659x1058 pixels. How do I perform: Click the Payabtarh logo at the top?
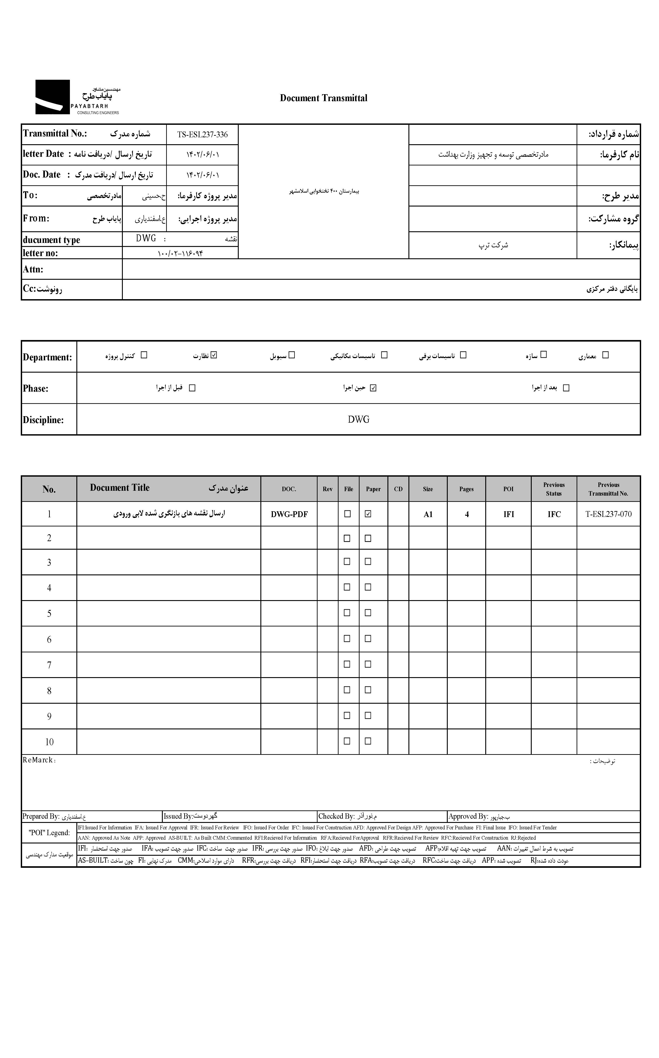point(77,97)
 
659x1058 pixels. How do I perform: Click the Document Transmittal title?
point(323,98)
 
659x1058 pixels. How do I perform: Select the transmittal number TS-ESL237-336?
point(202,135)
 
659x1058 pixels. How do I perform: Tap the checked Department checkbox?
point(213,355)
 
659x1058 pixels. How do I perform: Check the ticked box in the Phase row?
point(373,388)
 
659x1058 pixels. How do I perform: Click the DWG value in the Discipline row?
point(358,419)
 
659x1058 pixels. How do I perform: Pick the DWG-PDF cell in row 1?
point(289,514)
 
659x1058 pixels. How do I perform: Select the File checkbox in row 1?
point(347,514)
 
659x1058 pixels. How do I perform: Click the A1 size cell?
point(428,514)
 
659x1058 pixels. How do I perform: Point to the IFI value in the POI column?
point(509,514)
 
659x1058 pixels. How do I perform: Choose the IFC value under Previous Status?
point(554,514)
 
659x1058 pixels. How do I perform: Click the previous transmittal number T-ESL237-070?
point(609,514)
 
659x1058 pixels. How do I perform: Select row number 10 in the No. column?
point(49,742)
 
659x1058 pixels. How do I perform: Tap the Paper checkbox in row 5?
point(368,613)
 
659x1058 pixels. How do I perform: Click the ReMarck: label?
point(39,760)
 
